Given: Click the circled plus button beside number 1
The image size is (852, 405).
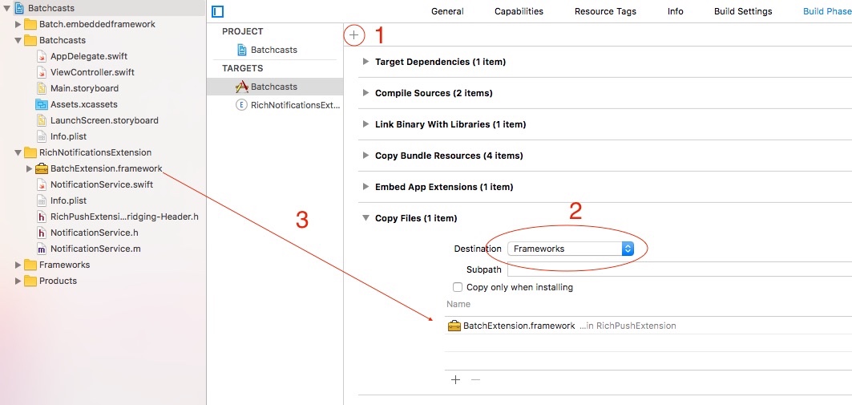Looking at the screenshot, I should pos(354,35).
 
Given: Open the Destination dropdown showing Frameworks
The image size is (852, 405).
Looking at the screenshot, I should pos(571,249).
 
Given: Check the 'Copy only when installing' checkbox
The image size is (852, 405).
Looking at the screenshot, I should pos(458,287).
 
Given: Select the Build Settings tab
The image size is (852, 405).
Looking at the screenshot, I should pos(743,11).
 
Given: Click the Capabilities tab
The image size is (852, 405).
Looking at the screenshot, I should pos(519,11).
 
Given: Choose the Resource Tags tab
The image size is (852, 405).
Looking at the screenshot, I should pos(605,11).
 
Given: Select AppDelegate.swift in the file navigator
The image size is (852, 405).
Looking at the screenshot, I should pos(88,56).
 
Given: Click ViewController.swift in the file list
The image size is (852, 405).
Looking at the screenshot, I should pos(91,72).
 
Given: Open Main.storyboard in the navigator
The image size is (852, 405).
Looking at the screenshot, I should pos(83,88).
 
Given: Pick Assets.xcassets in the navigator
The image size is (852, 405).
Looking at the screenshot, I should pos(83,104).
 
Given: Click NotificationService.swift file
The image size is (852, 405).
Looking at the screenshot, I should pos(101,184).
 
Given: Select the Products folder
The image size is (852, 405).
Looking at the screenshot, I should pos(58,281).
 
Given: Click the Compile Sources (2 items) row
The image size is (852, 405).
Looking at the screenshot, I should pos(433,93).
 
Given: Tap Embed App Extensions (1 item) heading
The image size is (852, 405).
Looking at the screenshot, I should pos(444,187).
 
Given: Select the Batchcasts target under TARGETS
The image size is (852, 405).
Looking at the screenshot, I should pos(273,87).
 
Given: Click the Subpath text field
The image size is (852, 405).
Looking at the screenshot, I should pos(677,269).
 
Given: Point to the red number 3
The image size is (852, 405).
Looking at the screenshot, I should pos(302,221).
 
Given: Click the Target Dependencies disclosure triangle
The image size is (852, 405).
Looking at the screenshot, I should pos(365,62).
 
